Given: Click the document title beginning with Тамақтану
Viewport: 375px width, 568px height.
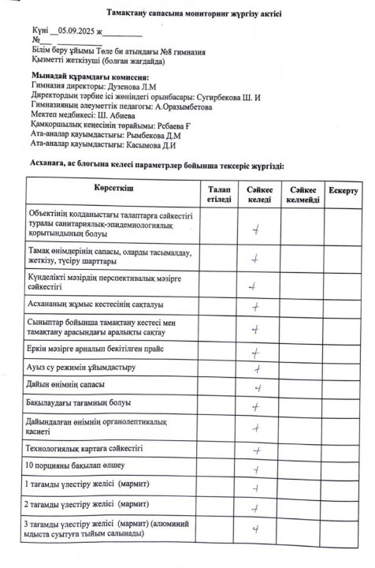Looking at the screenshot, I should pyautogui.click(x=187, y=13).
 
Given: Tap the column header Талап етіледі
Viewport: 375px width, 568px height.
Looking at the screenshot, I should pyautogui.click(x=219, y=195).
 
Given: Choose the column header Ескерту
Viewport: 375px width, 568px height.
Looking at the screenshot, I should pyautogui.click(x=343, y=191).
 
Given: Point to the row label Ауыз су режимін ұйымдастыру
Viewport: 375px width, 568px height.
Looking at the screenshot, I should pyautogui.click(x=81, y=368).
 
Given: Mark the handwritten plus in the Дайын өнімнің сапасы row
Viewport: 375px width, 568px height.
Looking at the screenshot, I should pyautogui.click(x=257, y=387).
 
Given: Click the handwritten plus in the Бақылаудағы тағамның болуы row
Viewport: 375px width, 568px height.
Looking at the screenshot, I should pyautogui.click(x=257, y=407).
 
